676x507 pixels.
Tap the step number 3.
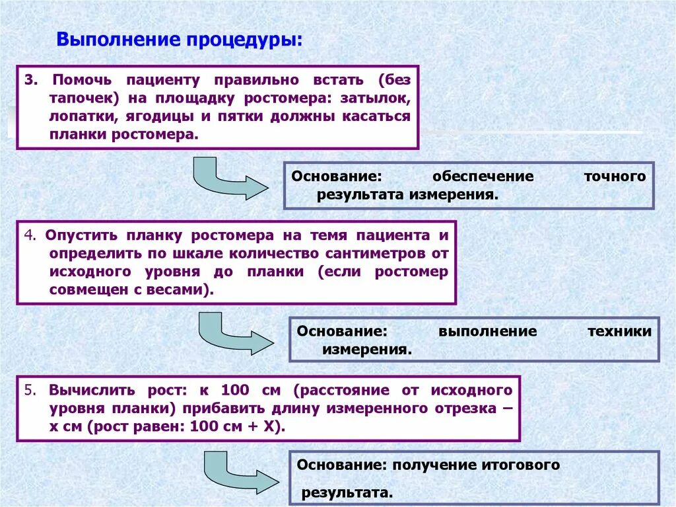click(x=29, y=81)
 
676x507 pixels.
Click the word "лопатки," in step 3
click(x=73, y=116)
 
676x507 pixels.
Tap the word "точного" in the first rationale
click(x=615, y=176)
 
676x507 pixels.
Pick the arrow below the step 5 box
click(x=238, y=471)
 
